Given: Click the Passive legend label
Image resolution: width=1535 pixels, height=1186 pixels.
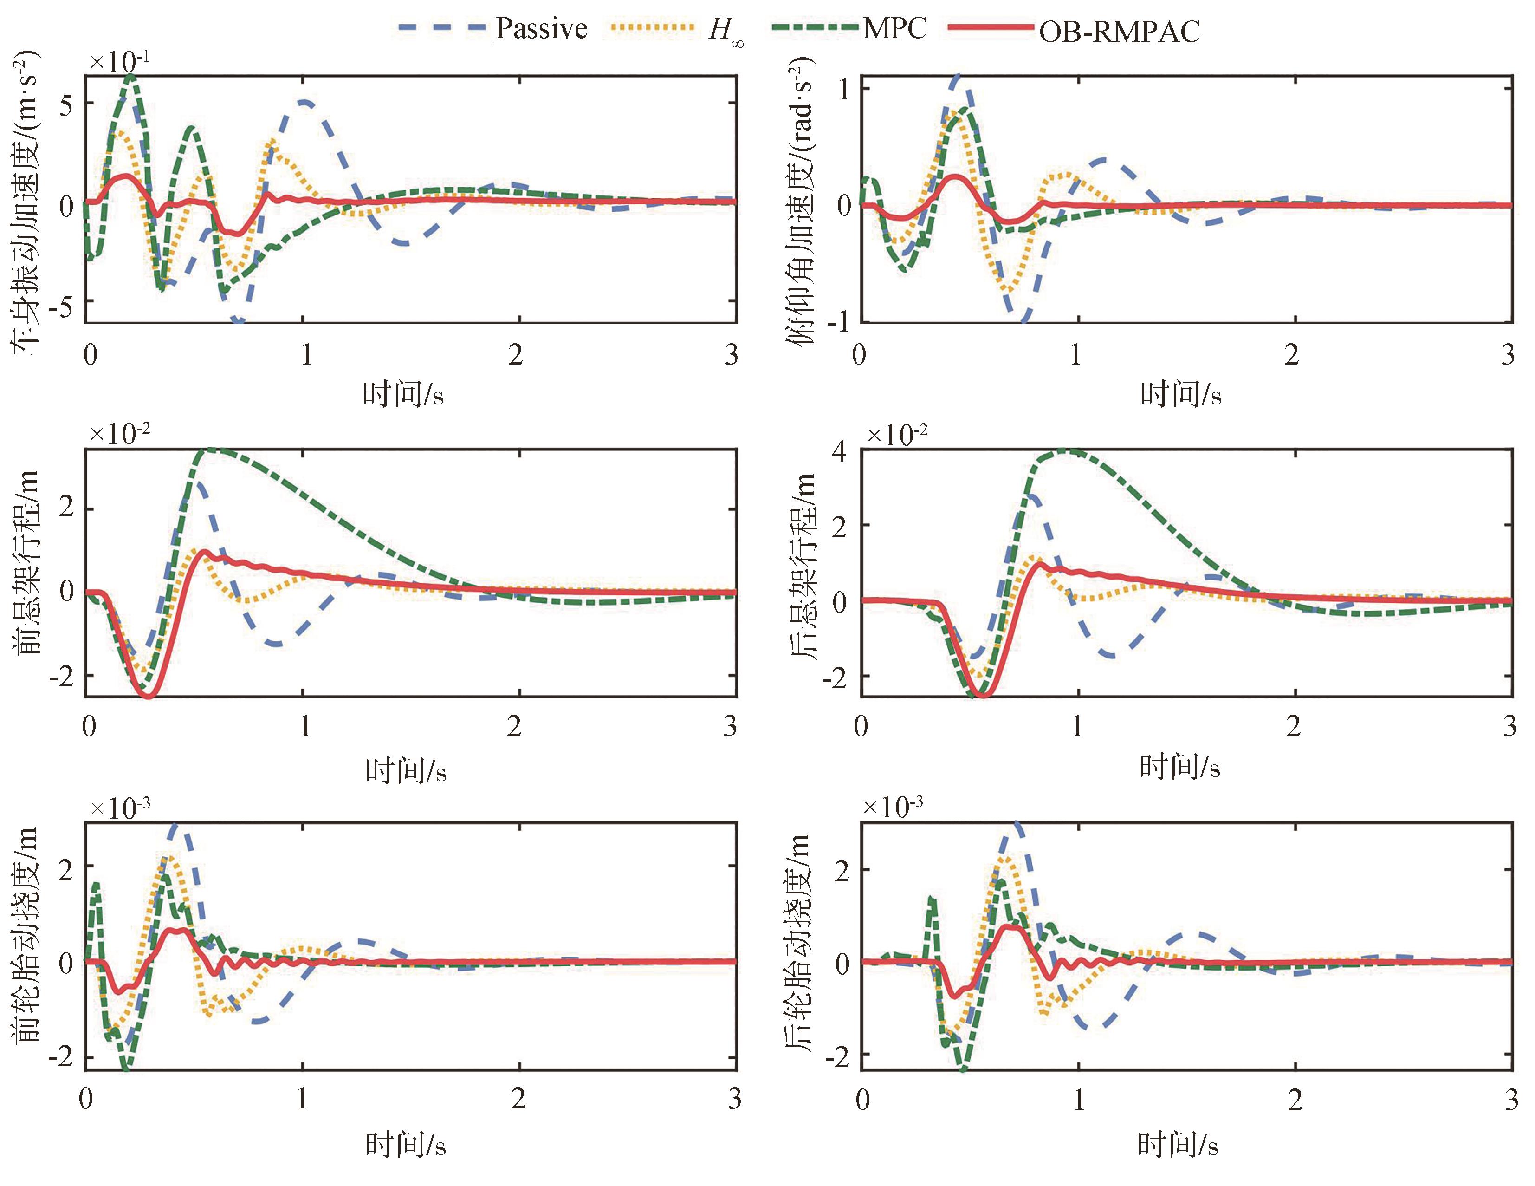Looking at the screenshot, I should (541, 28).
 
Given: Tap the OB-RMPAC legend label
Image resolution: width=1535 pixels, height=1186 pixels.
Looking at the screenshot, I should (1120, 31).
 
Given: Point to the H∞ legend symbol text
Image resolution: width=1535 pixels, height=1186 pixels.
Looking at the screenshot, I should (725, 32).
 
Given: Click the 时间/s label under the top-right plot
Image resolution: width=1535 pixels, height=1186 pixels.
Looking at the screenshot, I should (1181, 394).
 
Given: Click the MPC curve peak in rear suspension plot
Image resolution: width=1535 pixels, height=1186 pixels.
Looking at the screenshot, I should (1065, 450).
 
